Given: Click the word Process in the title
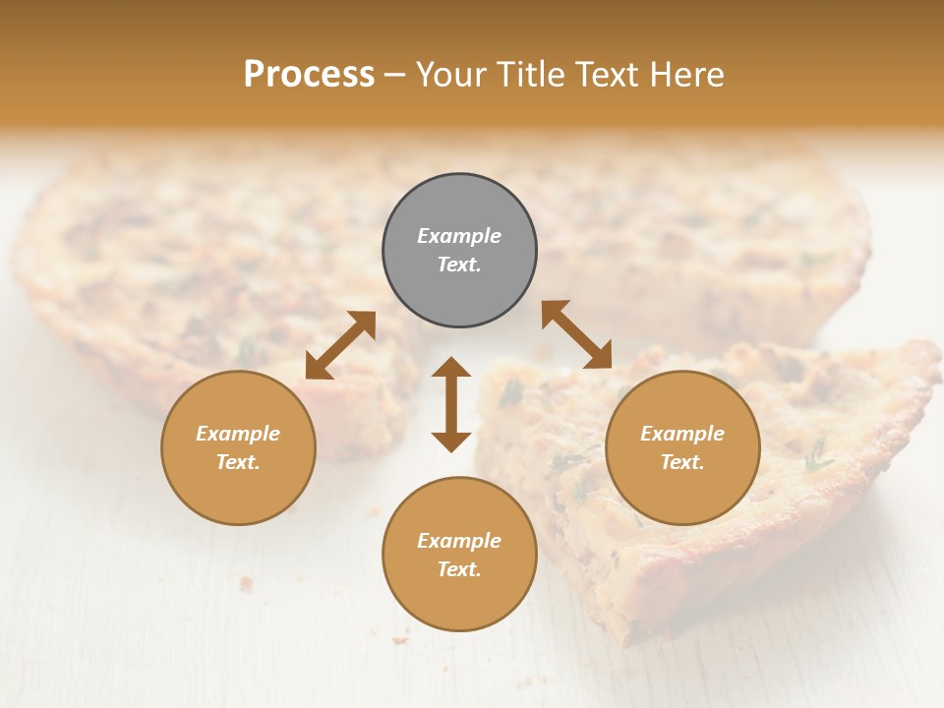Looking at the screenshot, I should [x=309, y=75].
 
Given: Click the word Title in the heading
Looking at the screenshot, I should [x=531, y=75].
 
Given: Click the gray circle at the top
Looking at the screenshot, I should [x=459, y=208].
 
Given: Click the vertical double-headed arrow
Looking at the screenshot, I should [x=451, y=404].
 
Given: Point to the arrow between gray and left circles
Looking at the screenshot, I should [x=340, y=345].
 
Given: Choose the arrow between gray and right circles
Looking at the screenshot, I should [x=576, y=334].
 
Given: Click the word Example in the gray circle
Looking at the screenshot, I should [x=459, y=236].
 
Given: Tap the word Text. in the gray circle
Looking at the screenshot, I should [x=459, y=265].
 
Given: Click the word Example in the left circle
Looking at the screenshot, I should [x=238, y=434].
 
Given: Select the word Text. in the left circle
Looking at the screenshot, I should [x=238, y=462].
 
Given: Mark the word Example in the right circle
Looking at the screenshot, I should [x=682, y=434].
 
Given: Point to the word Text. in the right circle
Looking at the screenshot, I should [x=682, y=462].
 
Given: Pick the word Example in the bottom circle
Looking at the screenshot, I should [x=459, y=541].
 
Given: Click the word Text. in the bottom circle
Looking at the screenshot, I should [x=459, y=569].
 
